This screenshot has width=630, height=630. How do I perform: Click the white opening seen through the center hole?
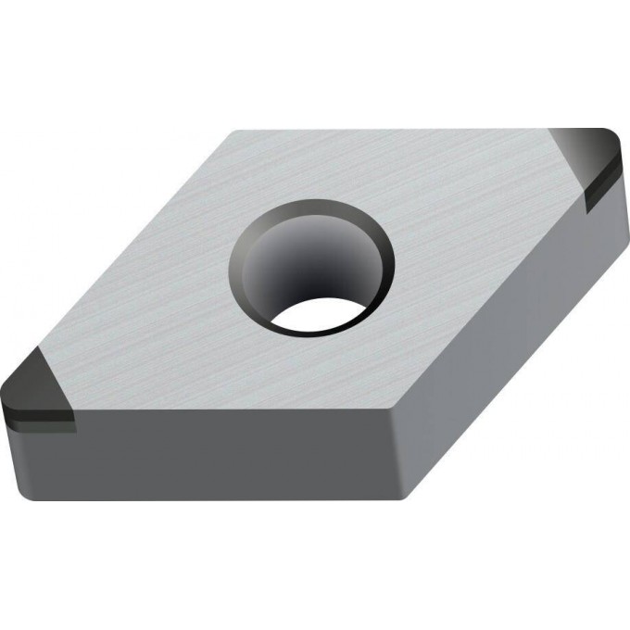[x=315, y=315]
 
